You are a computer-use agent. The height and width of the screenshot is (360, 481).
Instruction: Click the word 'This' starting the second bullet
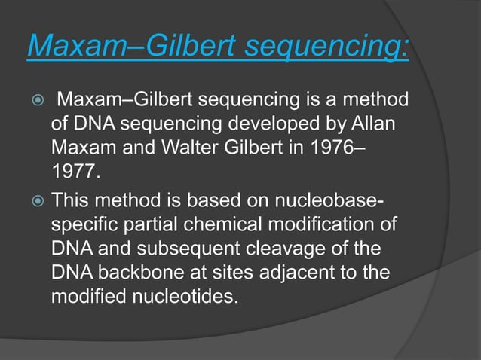point(72,200)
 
